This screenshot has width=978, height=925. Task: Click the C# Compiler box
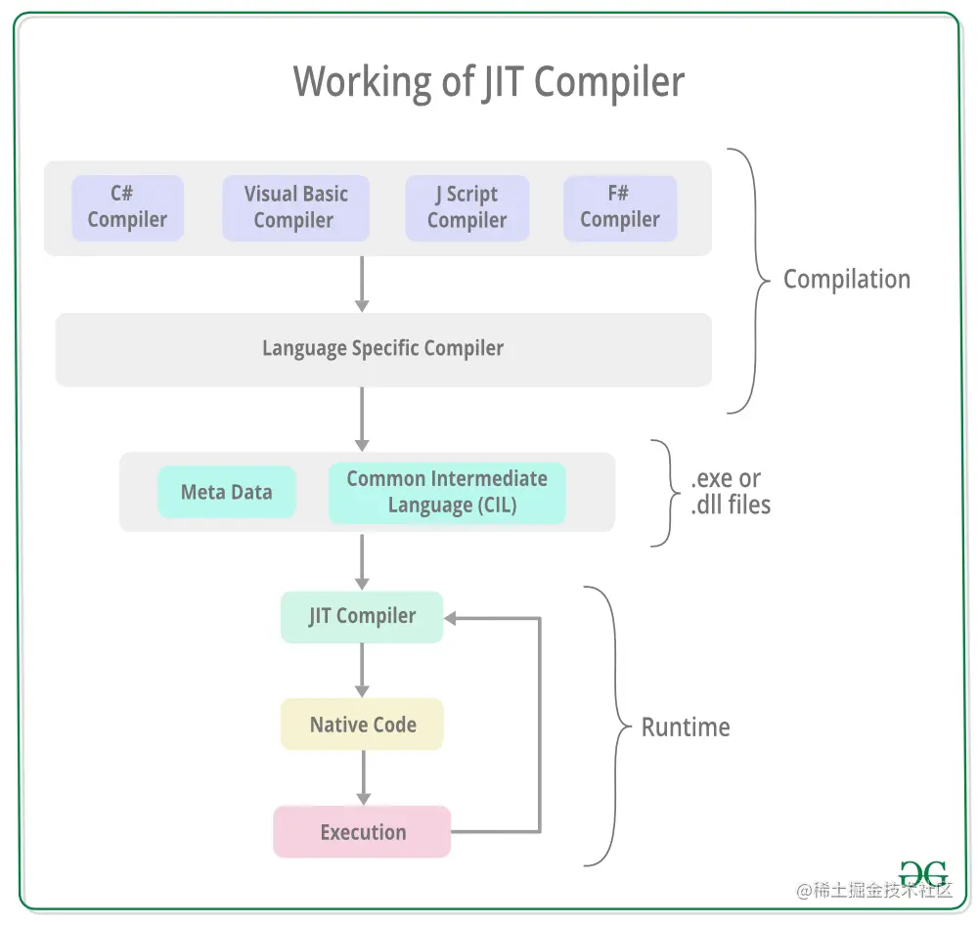pos(127,207)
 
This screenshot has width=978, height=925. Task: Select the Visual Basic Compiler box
pos(295,207)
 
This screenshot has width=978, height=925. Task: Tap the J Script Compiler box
pos(467,207)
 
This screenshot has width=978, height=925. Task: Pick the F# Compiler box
pos(619,207)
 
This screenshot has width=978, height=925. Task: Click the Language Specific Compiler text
pos(382,348)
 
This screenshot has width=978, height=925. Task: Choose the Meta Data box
pos(226,492)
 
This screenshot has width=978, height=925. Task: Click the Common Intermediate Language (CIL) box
pos(447,492)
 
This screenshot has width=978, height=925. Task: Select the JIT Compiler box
pos(362,617)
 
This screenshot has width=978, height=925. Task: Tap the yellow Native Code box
pos(362,725)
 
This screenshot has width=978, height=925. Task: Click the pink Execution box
pos(362,832)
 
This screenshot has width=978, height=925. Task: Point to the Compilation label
pos(846,280)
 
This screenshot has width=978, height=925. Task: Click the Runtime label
pos(686,727)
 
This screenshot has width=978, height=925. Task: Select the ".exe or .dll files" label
pos(730,492)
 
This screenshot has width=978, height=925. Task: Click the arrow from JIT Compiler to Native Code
pos(362,670)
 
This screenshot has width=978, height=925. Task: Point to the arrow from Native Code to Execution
pos(362,777)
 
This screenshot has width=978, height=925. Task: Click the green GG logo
pos(923,873)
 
